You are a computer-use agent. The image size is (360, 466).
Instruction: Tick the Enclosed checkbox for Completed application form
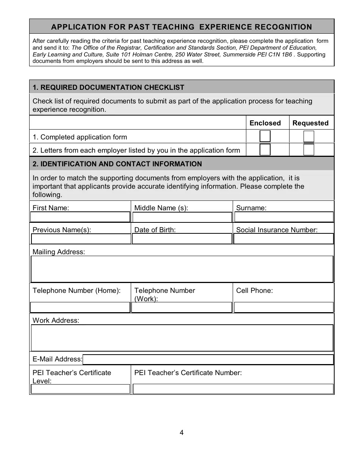point(265,136)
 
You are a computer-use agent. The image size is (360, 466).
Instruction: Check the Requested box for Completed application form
point(309,136)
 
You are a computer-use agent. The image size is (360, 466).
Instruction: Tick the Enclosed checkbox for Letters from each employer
point(265,150)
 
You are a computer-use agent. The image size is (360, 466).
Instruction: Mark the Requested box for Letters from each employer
point(309,150)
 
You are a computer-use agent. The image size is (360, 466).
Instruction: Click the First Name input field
point(80,217)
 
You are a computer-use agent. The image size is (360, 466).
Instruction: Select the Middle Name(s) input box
point(182,217)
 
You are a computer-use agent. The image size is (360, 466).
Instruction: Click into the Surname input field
point(284,217)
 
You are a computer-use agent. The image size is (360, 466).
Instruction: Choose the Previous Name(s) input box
point(80,239)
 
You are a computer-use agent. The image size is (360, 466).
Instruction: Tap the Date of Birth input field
point(182,239)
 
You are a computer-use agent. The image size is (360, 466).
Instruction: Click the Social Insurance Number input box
point(284,239)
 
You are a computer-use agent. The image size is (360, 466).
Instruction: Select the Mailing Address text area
point(182,269)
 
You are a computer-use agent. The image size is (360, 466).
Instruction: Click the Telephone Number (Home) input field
point(80,307)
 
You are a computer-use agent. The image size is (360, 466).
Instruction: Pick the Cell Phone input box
point(284,307)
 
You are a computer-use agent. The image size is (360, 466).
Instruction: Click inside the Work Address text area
point(182,338)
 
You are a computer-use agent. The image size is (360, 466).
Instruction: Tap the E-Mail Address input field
point(208,359)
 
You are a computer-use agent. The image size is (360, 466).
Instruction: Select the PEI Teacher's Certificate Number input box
point(233,389)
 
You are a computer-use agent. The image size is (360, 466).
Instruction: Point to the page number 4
point(182,433)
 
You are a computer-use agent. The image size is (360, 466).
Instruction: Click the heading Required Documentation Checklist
point(108,88)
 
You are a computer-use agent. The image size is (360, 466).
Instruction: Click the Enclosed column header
point(265,123)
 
